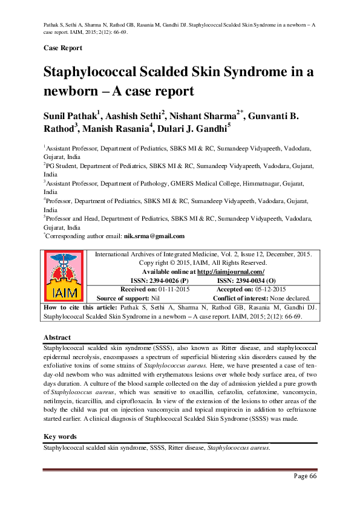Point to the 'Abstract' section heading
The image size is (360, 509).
click(x=57, y=337)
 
